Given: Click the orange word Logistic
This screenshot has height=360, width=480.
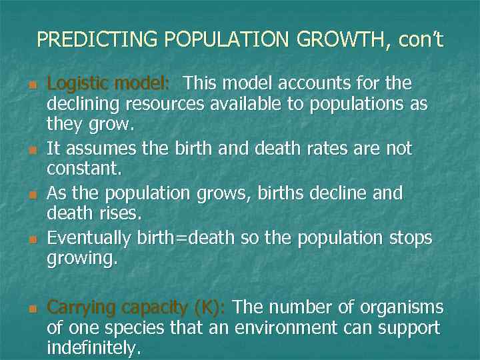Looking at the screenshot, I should coord(78,84).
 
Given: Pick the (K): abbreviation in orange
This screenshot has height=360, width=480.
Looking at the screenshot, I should coord(211,307).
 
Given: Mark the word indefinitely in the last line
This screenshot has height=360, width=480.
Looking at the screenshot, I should coord(93,347).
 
